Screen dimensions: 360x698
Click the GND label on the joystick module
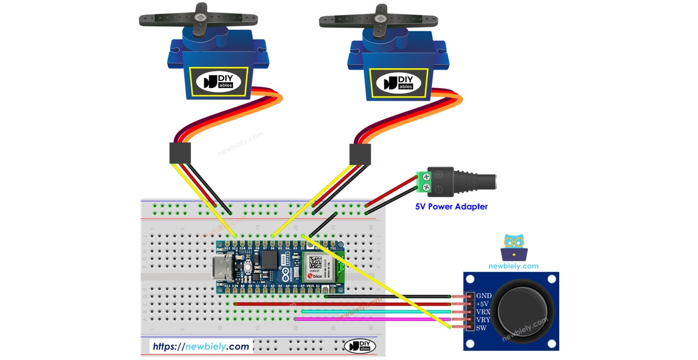point(484,296)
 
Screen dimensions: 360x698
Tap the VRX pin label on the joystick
point(484,312)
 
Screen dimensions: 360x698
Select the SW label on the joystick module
point(481,328)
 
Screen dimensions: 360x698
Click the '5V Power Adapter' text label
point(451,206)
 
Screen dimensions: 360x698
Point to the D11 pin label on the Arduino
point(235,248)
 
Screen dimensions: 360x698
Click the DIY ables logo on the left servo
point(219,82)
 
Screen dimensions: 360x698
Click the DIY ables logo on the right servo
point(399,82)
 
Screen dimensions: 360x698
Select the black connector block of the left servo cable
point(180,153)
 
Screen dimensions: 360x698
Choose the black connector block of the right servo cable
point(360,154)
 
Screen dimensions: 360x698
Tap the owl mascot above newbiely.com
point(513,247)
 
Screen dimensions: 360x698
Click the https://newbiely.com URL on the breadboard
point(201,347)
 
